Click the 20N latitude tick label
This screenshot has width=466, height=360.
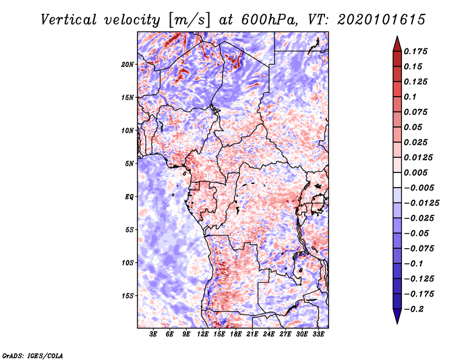(128, 65)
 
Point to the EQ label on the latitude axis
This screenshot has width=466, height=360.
(129, 197)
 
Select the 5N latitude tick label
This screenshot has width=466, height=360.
(129, 164)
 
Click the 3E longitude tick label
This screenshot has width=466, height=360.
(153, 334)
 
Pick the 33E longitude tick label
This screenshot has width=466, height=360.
(318, 334)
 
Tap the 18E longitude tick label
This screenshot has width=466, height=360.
(236, 334)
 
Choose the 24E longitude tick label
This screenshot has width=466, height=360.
(269, 334)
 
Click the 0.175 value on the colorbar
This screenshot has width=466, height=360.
(415, 51)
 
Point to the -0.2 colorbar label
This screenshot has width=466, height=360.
(414, 309)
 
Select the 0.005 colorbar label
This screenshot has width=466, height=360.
(415, 172)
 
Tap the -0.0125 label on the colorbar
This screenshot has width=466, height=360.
(421, 203)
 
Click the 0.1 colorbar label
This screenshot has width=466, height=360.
(410, 97)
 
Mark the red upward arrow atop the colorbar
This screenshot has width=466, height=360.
(397, 44)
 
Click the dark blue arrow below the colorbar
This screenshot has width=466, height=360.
(397, 316)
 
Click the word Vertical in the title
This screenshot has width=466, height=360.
(68, 20)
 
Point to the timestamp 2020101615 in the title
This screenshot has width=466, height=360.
(382, 20)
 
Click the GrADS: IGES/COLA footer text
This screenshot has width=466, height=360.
(33, 355)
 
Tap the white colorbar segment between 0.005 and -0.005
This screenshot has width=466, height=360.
(397, 180)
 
